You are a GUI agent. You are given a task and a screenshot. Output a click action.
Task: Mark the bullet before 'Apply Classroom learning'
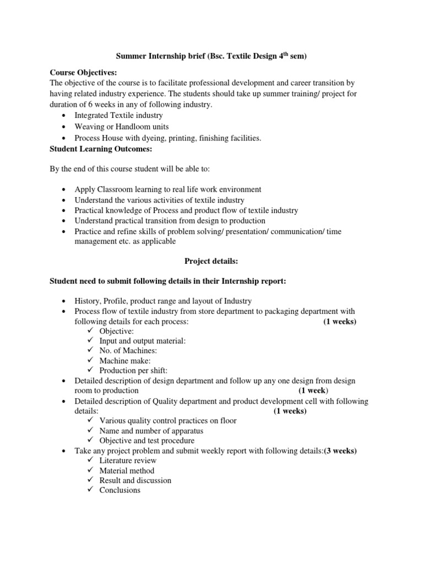point(66,190)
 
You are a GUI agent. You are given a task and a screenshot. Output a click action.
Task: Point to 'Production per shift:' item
point(133,371)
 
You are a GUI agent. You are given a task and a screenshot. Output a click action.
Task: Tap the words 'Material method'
point(127,470)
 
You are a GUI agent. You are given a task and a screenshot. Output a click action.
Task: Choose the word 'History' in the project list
point(87,301)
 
